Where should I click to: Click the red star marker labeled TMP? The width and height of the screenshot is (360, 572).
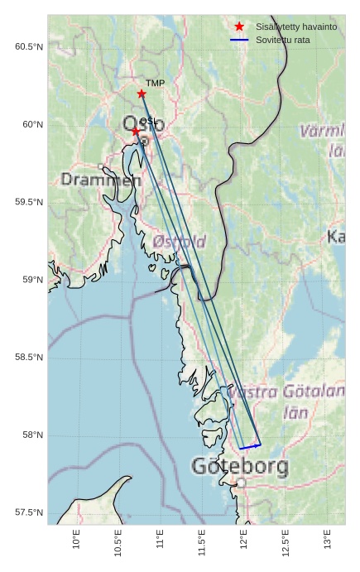tap(142, 94)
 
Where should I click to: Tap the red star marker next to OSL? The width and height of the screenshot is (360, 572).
tap(136, 131)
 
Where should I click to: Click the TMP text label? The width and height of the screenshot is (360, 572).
tap(155, 84)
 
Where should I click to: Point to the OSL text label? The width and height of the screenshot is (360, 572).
tap(147, 121)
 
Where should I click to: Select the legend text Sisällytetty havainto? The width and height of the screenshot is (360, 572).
tap(296, 27)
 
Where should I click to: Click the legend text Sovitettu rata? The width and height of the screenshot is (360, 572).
tap(283, 40)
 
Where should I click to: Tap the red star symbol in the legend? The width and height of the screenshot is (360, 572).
tap(239, 27)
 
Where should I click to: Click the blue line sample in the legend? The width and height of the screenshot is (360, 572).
tap(239, 40)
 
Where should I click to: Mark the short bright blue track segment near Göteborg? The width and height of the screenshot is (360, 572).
tap(250, 447)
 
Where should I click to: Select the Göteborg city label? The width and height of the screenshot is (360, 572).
tap(240, 466)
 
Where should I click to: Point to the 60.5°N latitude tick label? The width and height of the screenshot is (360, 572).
tap(29, 47)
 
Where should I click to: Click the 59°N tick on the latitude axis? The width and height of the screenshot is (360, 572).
tap(31, 280)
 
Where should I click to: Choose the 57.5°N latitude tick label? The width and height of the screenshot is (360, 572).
tap(29, 513)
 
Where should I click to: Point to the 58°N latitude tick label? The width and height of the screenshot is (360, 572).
tap(31, 435)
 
